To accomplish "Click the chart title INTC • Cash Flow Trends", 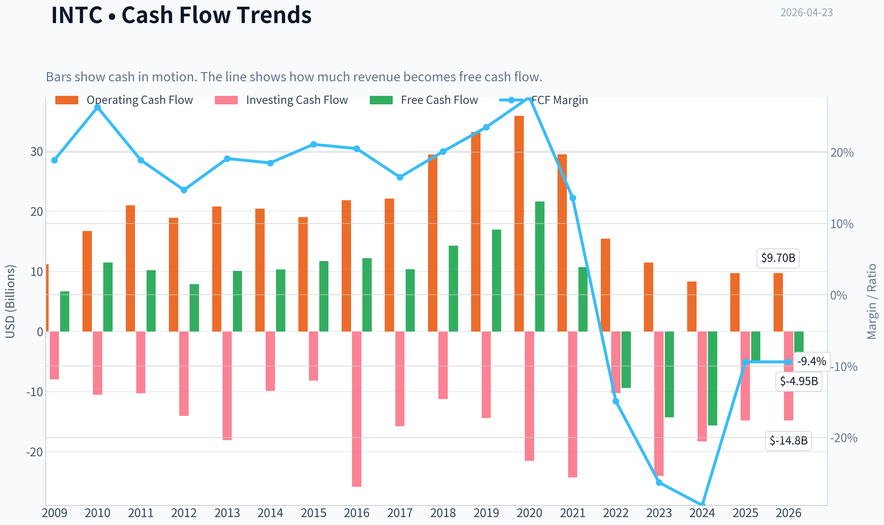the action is pos(181,15).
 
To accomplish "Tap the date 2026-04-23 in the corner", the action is pos(807,13).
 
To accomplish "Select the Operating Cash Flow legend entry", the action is pos(124,100).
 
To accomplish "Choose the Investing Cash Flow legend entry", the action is pos(281,100).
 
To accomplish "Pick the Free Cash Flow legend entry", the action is pos(424,100).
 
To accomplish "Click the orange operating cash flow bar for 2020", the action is pos(519,224).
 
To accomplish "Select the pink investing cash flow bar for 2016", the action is pos(357,409).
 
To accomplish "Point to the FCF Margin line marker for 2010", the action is pos(98,107).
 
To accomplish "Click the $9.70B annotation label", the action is pos(778,258).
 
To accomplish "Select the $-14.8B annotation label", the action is pos(789,441).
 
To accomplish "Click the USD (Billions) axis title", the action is pos(10,301).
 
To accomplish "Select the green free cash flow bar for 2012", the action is pos(194,308).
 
